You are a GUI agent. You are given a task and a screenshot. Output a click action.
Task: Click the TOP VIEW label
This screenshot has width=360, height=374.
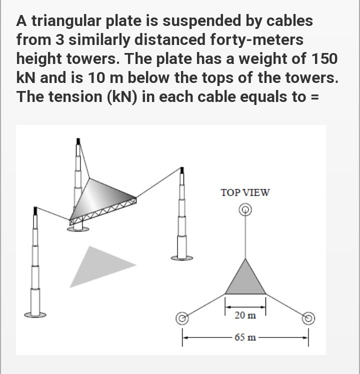tap(245, 192)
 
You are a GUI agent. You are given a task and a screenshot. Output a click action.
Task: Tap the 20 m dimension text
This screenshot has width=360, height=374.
tap(245, 315)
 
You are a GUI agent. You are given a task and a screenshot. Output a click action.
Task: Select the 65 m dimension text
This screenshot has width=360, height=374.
tap(245, 337)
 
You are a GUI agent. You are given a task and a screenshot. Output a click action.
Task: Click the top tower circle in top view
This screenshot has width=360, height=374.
tap(245, 210)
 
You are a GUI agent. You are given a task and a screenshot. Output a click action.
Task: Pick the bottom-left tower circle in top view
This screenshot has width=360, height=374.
tap(183, 317)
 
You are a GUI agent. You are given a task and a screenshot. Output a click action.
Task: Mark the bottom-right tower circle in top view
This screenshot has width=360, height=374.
tap(308, 317)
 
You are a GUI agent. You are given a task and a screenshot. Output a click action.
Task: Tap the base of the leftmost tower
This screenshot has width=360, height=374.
tap(35, 314)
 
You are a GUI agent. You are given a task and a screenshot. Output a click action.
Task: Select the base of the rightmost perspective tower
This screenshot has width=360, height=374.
tap(182, 257)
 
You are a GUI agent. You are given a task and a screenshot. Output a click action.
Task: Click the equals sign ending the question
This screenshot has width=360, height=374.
tap(315, 96)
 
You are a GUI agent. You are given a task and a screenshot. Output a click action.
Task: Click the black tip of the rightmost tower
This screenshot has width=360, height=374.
tap(182, 171)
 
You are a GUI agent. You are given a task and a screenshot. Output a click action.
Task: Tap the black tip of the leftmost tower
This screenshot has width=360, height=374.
tap(34, 211)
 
